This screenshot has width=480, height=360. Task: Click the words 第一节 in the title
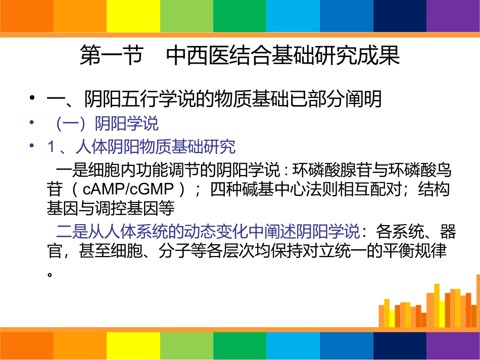[111, 56]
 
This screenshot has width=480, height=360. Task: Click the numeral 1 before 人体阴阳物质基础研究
[51, 147]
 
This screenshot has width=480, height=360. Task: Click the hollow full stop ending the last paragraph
[50, 274]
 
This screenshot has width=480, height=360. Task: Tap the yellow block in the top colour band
[133, 16]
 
